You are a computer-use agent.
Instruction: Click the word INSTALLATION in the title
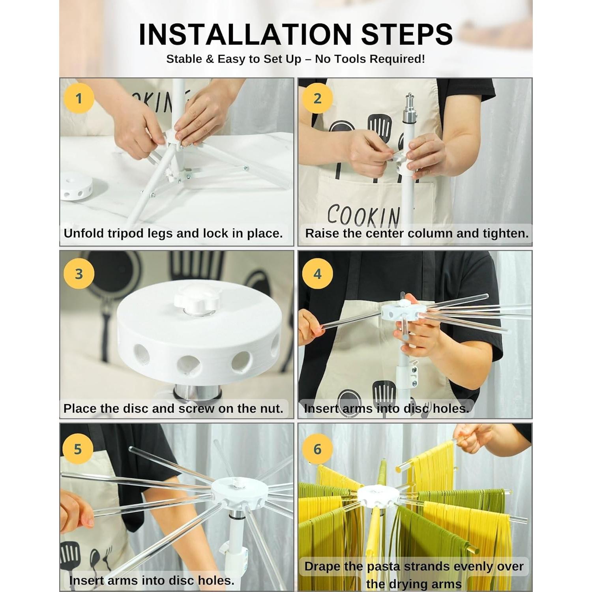[245, 35]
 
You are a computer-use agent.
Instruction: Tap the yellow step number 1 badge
[79, 98]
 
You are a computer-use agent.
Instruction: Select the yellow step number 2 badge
[317, 98]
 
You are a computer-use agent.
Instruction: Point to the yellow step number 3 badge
[79, 274]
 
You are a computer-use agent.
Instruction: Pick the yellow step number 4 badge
[317, 274]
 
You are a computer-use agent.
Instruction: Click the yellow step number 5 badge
[78, 449]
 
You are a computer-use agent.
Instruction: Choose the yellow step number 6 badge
[317, 449]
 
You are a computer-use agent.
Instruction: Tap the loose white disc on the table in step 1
[77, 186]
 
